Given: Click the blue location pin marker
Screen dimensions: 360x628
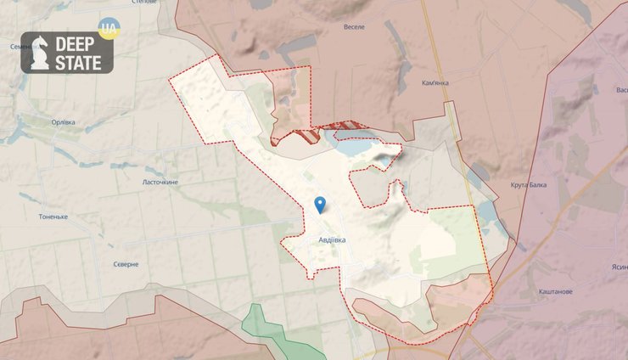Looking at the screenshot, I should (x=320, y=204).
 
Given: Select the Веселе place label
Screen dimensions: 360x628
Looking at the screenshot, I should (x=354, y=27).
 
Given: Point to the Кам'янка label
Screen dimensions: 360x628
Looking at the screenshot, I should (x=435, y=83).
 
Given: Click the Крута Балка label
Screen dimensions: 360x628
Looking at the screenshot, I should (x=529, y=184).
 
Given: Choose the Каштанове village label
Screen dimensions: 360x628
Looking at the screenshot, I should (x=555, y=291).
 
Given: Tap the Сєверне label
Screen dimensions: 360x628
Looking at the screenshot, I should (x=126, y=264).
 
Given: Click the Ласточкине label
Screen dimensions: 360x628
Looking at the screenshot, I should (x=160, y=182).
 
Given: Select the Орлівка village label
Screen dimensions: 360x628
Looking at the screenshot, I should (x=63, y=121).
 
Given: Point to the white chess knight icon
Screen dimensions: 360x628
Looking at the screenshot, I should (x=38, y=53).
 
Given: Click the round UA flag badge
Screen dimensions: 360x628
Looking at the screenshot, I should (x=109, y=29).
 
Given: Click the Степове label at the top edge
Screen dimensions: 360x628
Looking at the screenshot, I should (x=145, y=3).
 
